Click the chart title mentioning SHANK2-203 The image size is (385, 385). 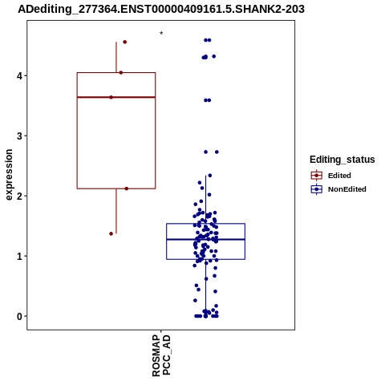161,10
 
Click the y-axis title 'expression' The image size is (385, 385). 9,175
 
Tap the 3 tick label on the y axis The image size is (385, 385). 20,136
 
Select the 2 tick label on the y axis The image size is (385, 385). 20,196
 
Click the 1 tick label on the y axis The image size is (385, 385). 20,256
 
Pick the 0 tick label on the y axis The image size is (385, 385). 20,316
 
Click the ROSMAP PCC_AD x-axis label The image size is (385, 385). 161,355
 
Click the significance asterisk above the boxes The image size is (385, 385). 161,34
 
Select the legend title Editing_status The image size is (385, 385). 342,160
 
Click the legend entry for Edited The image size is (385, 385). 331,176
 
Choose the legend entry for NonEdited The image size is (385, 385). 338,189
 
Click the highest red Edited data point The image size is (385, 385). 124,42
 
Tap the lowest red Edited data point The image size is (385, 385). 111,233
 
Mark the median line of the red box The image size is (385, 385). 116,97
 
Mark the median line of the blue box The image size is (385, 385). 206,239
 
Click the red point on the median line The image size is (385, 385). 111,97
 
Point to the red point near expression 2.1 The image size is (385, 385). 127,188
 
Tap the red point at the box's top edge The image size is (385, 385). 121,72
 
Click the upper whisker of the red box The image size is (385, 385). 116,57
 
